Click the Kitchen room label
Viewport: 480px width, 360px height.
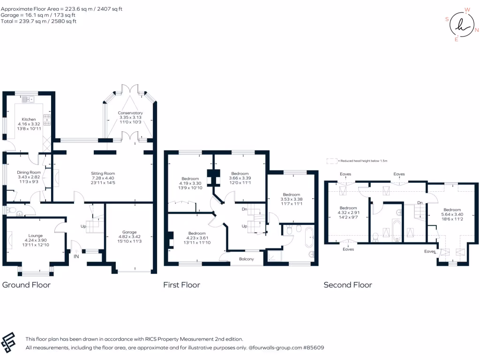pyautogui.click(x=22, y=120)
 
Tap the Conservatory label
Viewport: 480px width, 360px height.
pyautogui.click(x=130, y=113)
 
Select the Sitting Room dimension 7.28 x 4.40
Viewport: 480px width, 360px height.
pyautogui.click(x=103, y=178)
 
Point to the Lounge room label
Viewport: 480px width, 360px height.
pyautogui.click(x=36, y=235)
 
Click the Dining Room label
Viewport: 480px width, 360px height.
pyautogui.click(x=29, y=172)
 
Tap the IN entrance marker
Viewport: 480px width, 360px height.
pyautogui.click(x=76, y=256)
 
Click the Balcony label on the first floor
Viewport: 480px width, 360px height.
pyautogui.click(x=247, y=259)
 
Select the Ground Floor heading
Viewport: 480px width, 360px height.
pyautogui.click(x=27, y=285)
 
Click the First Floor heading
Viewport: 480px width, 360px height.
pyautogui.click(x=181, y=285)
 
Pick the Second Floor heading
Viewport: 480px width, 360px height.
pyautogui.click(x=348, y=285)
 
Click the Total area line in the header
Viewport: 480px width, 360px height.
pyautogui.click(x=38, y=21)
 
